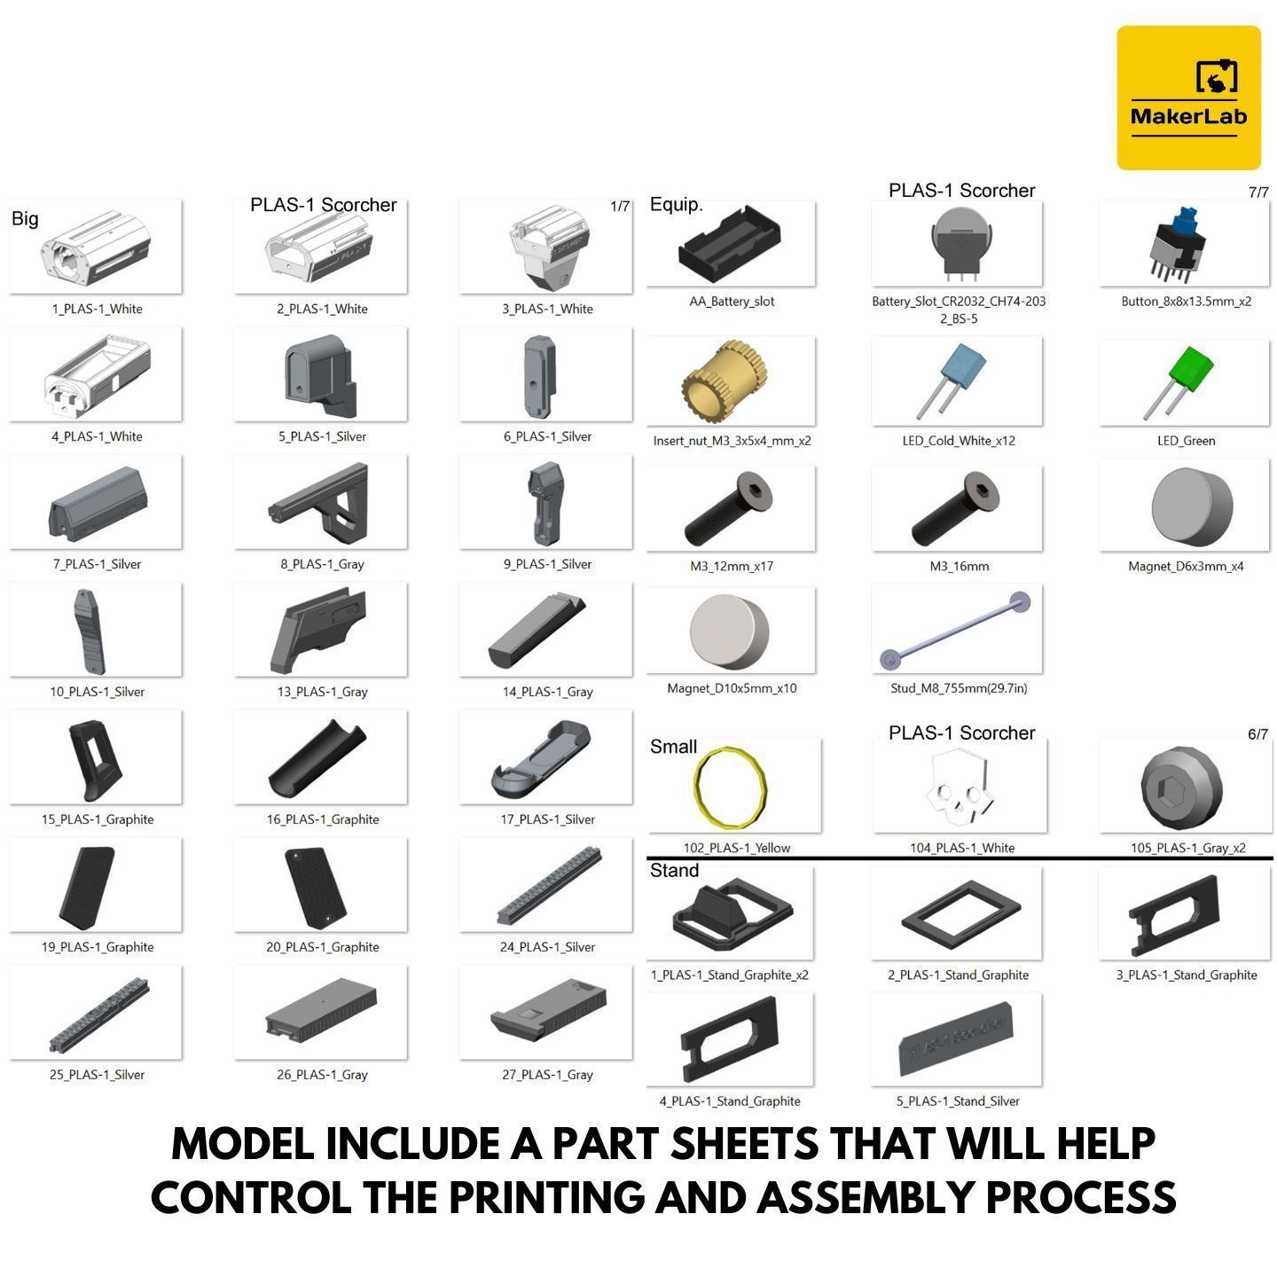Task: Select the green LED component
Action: pos(1179,381)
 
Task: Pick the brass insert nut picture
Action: pos(724,381)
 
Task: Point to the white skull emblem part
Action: pos(960,788)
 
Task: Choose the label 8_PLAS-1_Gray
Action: pos(322,564)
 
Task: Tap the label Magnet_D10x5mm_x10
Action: pos(732,688)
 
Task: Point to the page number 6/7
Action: pos(1257,734)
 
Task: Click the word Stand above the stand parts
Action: pos(674,870)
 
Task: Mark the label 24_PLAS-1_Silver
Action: pos(547,947)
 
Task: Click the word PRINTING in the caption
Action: pos(546,1197)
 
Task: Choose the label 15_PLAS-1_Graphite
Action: pos(98,819)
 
